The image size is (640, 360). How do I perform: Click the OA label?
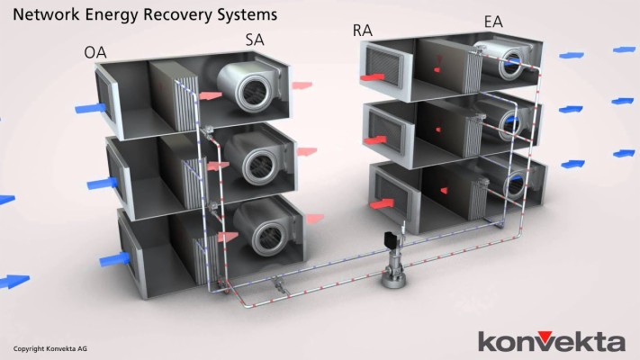click(x=95, y=52)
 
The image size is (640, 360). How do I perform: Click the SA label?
click(x=255, y=40)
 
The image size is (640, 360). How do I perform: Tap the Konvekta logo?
click(x=551, y=341)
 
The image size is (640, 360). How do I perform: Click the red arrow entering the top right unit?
click(x=373, y=78)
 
